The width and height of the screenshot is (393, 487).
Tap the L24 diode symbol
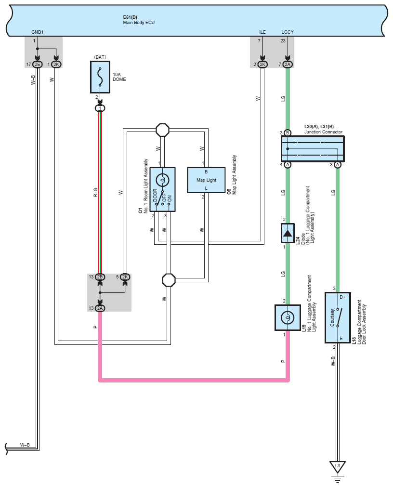pos(288,233)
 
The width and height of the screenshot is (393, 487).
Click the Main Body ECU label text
pos(139,23)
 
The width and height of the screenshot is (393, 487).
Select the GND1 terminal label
pos(37,32)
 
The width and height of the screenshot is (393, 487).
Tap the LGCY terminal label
pos(288,32)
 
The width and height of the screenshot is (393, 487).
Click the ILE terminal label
pos(262,32)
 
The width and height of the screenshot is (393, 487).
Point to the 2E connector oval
pos(37,64)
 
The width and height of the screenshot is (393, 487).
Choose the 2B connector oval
pos(100,276)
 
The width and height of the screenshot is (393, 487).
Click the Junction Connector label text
pos(323,132)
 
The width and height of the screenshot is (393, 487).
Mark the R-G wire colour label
pos(96,192)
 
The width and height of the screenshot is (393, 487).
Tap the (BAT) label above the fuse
pos(100,57)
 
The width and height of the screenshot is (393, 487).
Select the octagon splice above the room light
pos(162,130)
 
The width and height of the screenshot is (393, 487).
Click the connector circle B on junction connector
pos(288,133)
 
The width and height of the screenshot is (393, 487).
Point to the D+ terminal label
pos(342,297)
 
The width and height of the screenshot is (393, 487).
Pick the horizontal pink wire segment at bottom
pos(194,380)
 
